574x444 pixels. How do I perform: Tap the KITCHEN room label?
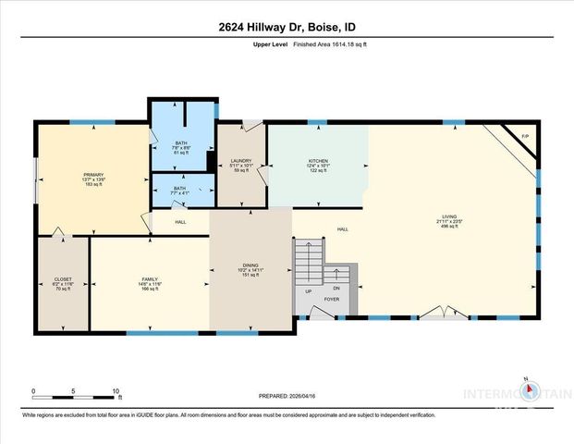tap(319, 161)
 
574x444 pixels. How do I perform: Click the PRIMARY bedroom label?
tap(93, 175)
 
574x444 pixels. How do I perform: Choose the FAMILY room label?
tap(150, 279)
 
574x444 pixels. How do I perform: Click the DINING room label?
tap(250, 265)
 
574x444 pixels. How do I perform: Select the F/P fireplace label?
tap(525, 136)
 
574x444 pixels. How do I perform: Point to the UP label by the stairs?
tap(308, 290)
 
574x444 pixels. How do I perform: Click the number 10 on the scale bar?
tap(117, 391)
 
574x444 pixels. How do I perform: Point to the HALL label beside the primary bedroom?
tap(180, 222)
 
